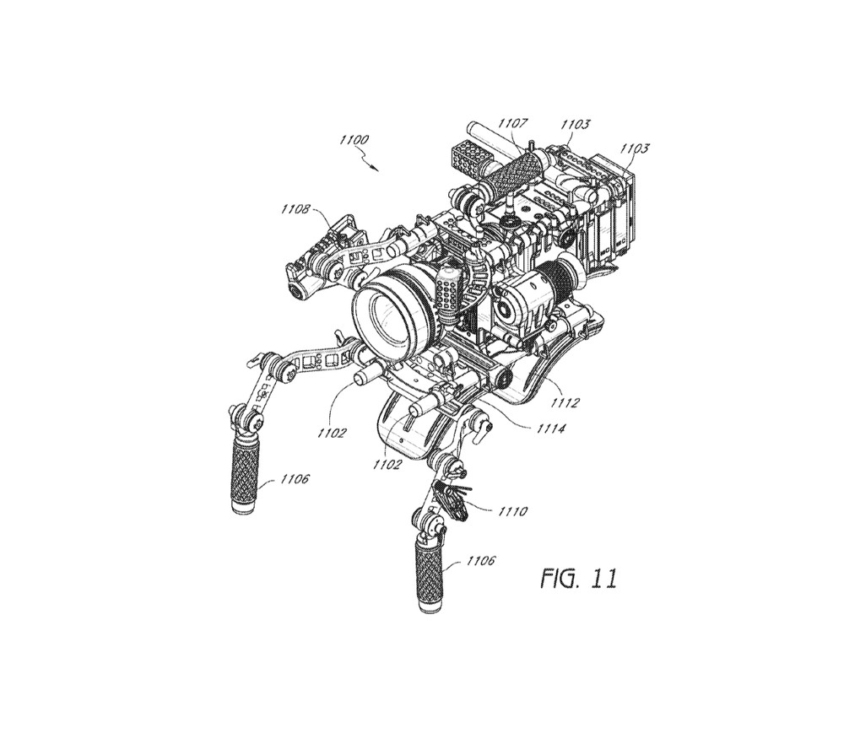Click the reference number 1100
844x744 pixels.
(x=354, y=140)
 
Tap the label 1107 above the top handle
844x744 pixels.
(x=512, y=124)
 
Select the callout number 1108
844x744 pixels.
(x=295, y=208)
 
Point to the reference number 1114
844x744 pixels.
(x=550, y=429)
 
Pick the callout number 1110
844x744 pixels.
(x=512, y=510)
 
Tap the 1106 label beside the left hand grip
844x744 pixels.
(x=295, y=478)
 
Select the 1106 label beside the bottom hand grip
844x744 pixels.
(x=480, y=561)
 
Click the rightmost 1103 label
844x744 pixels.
(x=635, y=148)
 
